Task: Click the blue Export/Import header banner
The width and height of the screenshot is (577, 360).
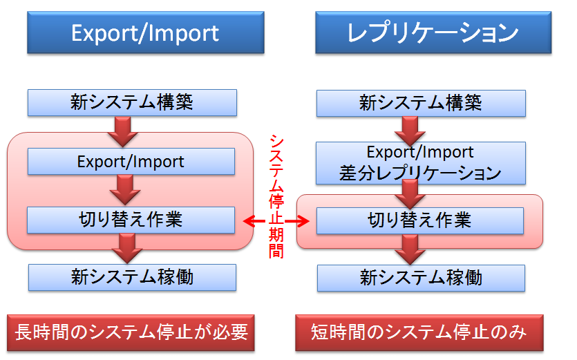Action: [146, 32]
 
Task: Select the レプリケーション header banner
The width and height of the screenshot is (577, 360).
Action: [433, 32]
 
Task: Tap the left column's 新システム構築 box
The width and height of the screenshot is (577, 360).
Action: [132, 103]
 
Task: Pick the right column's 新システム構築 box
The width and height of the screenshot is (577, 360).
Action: [421, 104]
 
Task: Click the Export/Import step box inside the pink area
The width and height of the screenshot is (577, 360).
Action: [131, 162]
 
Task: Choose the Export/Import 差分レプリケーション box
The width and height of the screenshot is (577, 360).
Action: [421, 163]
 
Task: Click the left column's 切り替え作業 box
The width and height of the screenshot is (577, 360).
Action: [131, 220]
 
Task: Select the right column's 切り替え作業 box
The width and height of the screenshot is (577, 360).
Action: [420, 221]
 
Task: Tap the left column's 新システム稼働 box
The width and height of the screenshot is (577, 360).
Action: [132, 278]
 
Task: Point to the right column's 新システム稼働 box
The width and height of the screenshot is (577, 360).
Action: [421, 278]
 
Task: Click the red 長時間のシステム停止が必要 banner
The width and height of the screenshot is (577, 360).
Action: [131, 333]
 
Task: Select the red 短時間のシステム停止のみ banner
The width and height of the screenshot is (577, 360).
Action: [419, 333]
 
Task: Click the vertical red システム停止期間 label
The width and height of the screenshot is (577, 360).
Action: [276, 196]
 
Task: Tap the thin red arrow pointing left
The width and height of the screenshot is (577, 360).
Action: [254, 221]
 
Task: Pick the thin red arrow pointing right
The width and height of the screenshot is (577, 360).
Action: [297, 221]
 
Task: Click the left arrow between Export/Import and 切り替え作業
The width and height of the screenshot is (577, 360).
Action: [125, 189]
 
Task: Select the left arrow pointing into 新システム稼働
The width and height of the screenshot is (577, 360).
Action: [127, 249]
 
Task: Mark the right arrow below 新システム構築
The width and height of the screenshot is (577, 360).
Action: [410, 131]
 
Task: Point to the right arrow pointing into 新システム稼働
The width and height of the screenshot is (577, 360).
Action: [410, 249]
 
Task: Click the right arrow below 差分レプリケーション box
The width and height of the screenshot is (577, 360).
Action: [410, 194]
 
